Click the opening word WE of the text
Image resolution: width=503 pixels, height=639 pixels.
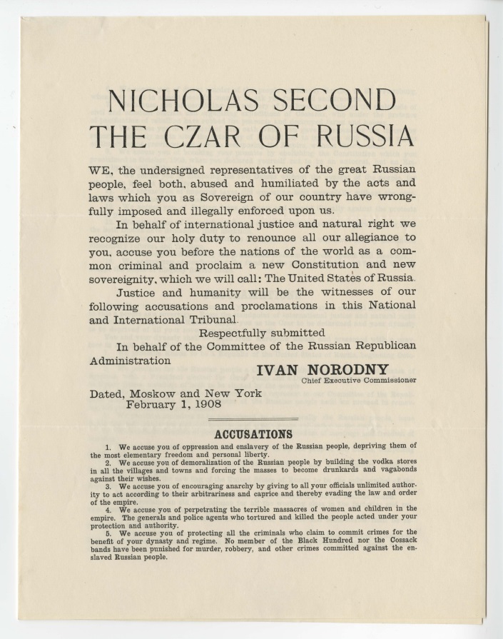point(100,170)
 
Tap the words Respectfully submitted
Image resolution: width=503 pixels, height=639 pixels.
point(262,333)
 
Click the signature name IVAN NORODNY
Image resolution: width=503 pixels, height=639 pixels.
point(322,368)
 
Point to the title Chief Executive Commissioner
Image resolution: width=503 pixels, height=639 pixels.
point(359,380)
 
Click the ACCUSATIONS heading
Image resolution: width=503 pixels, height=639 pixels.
point(253,433)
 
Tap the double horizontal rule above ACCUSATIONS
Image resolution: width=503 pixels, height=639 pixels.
point(253,418)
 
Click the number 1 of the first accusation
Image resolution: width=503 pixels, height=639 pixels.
point(108,446)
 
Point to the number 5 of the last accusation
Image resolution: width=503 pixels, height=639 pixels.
point(108,532)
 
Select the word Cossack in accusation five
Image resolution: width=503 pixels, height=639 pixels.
point(399,541)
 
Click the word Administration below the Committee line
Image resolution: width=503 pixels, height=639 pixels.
point(130,361)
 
